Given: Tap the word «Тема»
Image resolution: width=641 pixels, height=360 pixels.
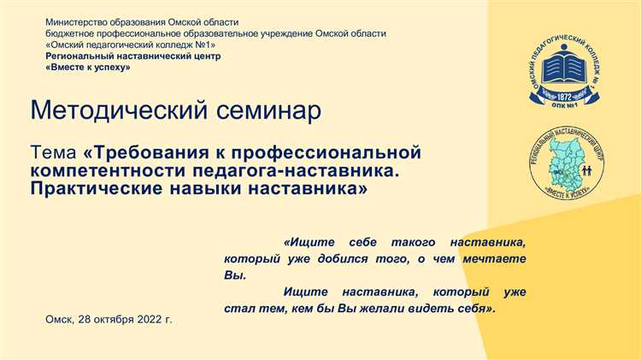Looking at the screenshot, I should tap(52, 153).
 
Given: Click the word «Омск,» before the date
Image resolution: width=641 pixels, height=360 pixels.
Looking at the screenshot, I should tap(60, 319).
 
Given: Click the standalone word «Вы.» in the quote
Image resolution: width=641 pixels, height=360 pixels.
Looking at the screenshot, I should tap(233, 275).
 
